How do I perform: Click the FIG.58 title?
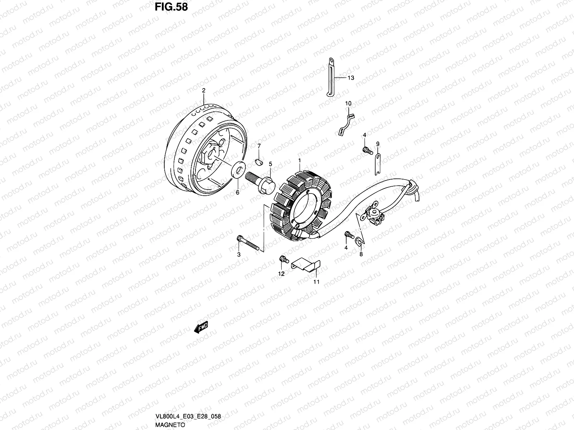171,7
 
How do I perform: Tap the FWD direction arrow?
201,327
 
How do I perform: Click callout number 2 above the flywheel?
203,91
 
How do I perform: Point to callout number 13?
350,78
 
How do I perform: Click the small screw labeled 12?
284,259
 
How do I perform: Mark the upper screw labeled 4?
366,150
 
